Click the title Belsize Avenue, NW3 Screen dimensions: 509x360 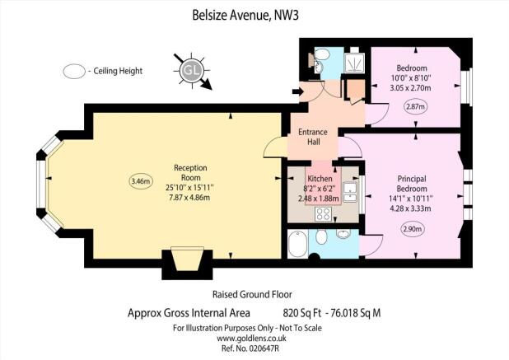coord(245,16)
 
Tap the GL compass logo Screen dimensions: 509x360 coord(192,71)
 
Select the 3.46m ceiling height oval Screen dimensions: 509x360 coord(141,181)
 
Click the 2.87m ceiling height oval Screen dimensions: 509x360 coord(416,106)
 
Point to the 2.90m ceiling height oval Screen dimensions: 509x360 coord(413,229)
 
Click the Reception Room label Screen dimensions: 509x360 coord(190,173)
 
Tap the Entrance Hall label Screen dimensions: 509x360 coord(313,137)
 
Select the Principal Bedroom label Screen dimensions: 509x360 coord(412,184)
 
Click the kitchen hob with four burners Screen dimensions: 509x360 coord(324,213)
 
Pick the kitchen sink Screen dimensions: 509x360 coord(350,191)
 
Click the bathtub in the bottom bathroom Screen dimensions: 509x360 coord(297,244)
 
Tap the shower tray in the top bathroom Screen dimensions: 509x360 coord(354,63)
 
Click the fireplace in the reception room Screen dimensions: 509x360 coord(187,259)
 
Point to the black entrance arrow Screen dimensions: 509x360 coord(297,92)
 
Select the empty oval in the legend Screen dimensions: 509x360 coord(74,71)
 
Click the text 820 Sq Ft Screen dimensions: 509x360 coord(302,313)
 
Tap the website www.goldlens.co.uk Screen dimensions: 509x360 coord(251,339)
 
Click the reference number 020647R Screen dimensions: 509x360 coord(264,348)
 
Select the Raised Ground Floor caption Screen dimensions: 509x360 coord(252,294)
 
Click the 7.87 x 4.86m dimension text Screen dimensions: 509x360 coord(189,198)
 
